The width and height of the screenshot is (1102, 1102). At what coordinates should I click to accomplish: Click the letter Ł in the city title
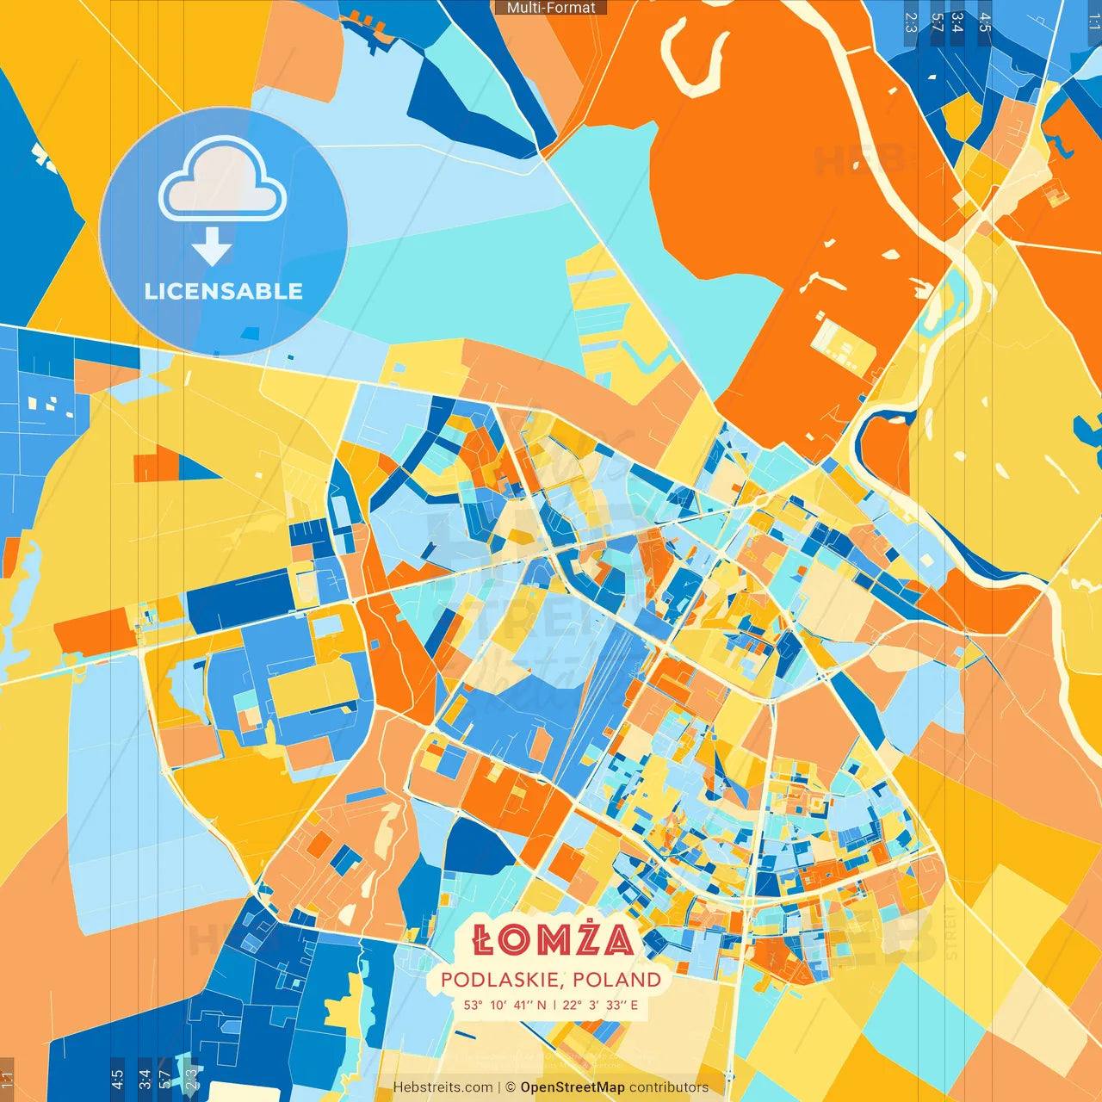point(483,941)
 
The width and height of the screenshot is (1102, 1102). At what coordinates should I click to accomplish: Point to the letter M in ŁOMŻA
point(544,941)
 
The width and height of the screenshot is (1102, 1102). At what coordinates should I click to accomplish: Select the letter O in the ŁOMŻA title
point(513,941)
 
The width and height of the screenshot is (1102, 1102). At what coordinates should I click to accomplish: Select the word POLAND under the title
point(616,980)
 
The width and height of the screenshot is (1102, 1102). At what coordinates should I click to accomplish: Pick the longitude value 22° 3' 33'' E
point(600,1005)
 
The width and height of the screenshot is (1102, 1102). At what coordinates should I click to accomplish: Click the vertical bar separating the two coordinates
point(554,1005)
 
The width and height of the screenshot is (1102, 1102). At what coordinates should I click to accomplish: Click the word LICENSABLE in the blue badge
point(223,291)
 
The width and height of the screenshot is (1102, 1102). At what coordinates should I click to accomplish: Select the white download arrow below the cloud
point(212,247)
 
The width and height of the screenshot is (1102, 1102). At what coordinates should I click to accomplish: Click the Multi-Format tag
point(551,8)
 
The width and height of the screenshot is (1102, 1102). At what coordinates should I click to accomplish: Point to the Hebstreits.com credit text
point(443,1087)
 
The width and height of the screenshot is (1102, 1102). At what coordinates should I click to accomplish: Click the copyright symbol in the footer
point(510,1087)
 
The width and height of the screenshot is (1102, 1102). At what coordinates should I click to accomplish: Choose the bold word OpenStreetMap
point(572,1087)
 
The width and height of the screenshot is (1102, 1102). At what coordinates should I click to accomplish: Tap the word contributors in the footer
point(669,1087)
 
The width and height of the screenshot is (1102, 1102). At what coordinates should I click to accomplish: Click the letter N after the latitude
point(541,1005)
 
